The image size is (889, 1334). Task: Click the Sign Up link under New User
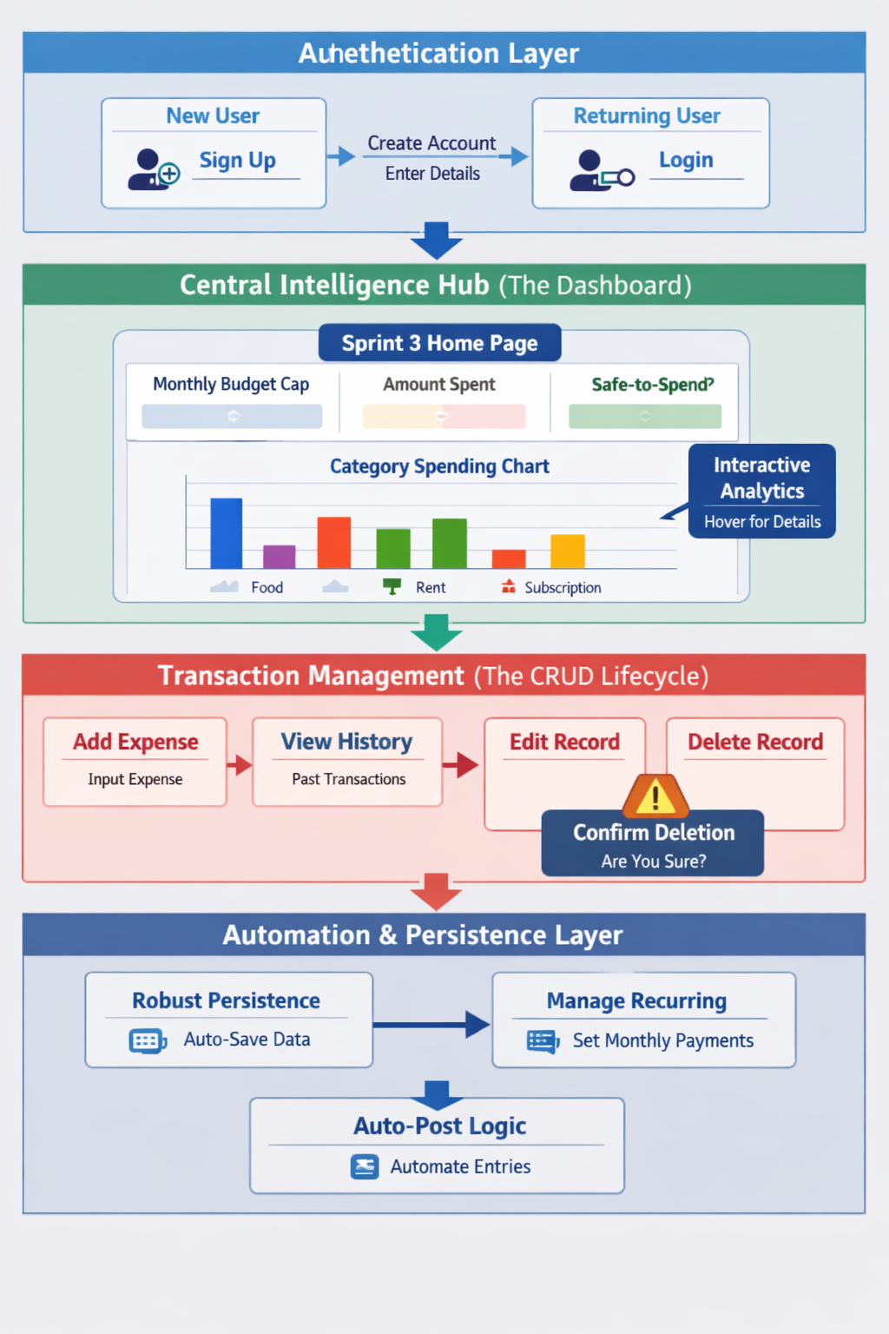point(237,161)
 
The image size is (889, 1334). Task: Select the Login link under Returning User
point(686,160)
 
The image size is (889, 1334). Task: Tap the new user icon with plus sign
point(154,169)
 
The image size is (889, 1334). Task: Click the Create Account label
point(431,143)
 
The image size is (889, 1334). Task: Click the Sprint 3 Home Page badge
point(439,343)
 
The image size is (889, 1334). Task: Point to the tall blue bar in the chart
point(227,533)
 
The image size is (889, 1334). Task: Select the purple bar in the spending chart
point(280,556)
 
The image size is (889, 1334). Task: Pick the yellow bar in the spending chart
point(568,551)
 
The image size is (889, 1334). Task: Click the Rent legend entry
point(430,588)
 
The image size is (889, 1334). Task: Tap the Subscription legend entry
point(562,588)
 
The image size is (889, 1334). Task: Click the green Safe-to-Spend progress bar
point(645,417)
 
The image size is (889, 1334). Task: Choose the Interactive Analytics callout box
point(762,492)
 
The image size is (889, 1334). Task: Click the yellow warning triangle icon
point(655,796)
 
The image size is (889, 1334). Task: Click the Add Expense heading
point(135,742)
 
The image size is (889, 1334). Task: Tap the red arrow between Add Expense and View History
point(240,765)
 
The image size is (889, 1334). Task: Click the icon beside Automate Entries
point(365,1166)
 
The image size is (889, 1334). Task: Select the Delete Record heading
point(755,742)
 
